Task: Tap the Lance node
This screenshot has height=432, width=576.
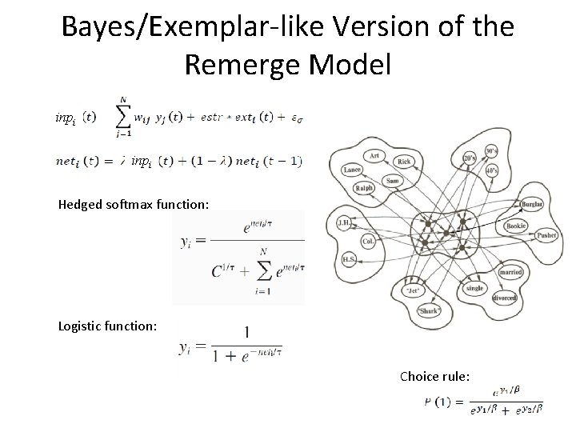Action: click(x=352, y=170)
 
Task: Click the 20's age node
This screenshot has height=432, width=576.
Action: click(x=470, y=159)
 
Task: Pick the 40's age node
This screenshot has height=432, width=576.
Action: click(x=493, y=171)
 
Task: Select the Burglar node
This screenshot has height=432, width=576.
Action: click(x=530, y=205)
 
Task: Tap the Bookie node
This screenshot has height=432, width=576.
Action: click(x=516, y=226)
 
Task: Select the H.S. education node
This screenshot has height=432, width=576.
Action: click(x=350, y=259)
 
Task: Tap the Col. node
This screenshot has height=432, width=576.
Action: click(x=367, y=239)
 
